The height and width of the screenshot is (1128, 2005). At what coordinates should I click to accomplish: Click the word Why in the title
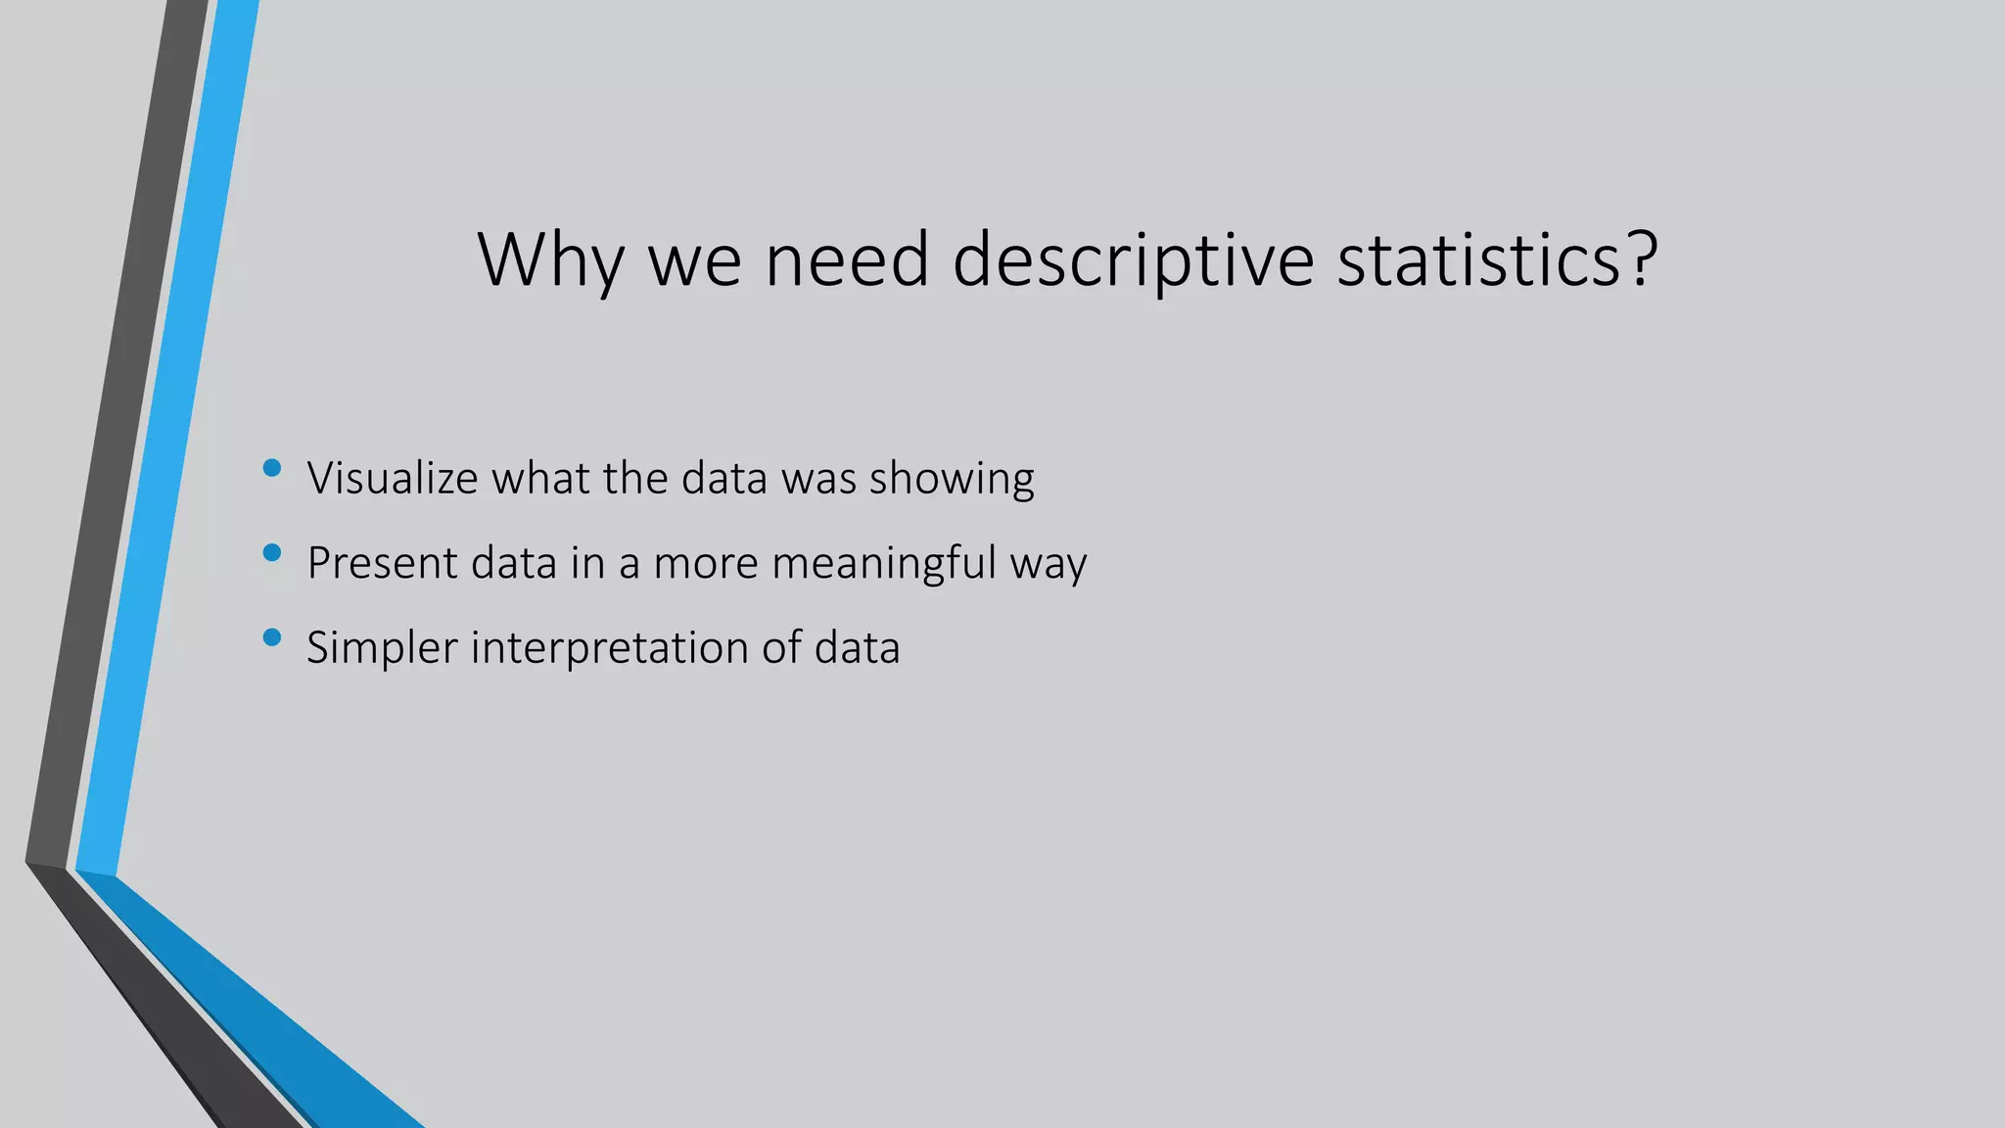pos(550,259)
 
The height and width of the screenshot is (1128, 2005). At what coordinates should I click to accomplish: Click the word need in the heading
pos(847,259)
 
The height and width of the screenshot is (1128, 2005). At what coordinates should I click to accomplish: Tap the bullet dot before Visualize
pos(272,468)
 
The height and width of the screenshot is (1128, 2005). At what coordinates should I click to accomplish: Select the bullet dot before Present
pos(272,553)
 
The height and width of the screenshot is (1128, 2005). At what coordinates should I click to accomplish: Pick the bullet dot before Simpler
pos(272,638)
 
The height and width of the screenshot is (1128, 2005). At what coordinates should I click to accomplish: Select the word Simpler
pos(382,648)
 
